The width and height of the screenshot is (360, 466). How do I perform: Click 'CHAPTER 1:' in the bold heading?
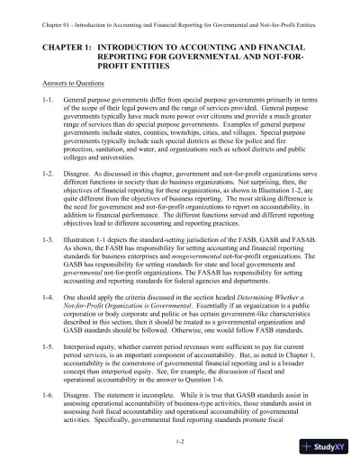pos(62,44)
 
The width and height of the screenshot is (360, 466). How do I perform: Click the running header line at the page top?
pos(179,10)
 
